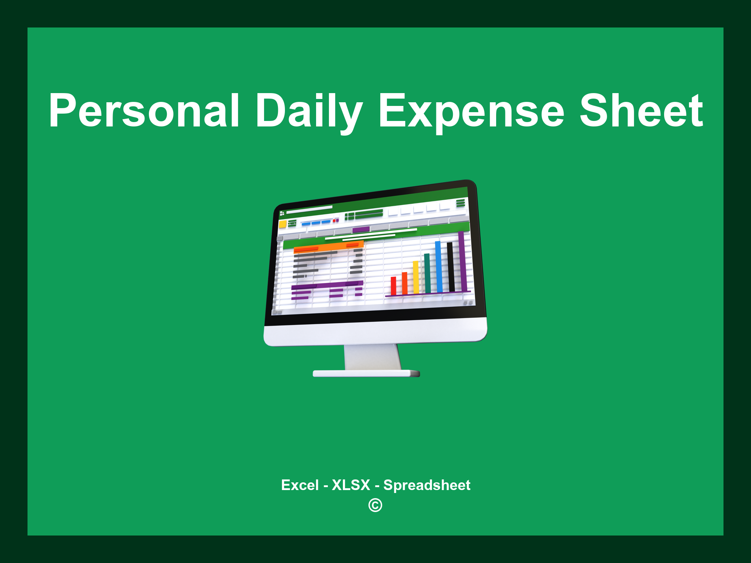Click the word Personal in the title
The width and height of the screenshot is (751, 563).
click(x=144, y=110)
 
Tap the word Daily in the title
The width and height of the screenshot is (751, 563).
click(x=309, y=110)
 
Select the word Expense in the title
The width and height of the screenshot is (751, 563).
click(x=471, y=110)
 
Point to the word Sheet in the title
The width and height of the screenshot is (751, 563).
click(x=641, y=110)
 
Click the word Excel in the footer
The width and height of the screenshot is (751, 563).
click(x=300, y=485)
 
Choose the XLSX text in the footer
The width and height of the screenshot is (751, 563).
click(x=351, y=485)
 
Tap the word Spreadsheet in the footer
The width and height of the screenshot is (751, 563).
click(x=426, y=485)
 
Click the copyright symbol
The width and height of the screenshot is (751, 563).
click(x=375, y=505)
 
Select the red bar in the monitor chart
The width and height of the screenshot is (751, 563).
click(x=393, y=286)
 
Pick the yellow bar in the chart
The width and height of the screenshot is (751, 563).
click(x=416, y=277)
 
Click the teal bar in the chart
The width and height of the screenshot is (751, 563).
click(x=427, y=273)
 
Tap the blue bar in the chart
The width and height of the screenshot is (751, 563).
click(x=439, y=266)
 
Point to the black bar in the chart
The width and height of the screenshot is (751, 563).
click(x=451, y=266)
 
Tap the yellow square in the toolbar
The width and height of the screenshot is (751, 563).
click(x=283, y=224)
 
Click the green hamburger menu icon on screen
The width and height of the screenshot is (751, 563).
click(x=461, y=203)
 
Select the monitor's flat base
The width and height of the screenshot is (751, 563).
click(x=366, y=374)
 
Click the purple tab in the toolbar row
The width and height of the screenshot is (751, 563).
click(x=361, y=230)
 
